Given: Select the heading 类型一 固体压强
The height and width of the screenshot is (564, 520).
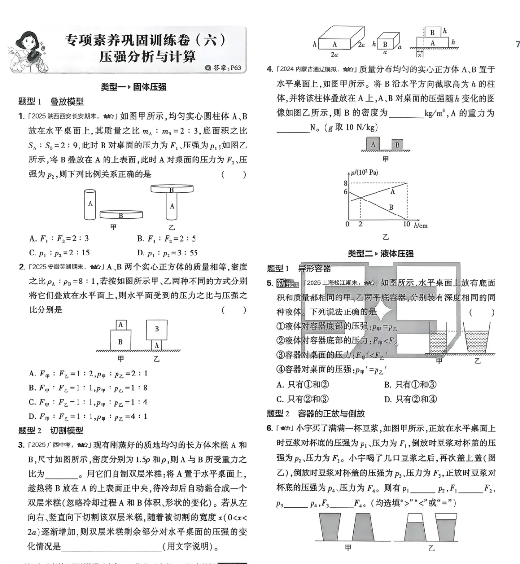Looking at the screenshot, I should tap(133, 87).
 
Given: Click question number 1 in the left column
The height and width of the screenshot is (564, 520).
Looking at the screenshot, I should tap(21, 116).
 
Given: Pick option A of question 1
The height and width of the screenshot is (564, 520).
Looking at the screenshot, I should tap(59, 238).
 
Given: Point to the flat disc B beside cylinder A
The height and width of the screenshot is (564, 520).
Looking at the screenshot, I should tap(121, 215).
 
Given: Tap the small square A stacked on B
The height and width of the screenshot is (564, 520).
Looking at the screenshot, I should tap(121, 325).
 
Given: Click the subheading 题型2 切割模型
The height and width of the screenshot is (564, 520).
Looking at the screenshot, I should tap(51, 430).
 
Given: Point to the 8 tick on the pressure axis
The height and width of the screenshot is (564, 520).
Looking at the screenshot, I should tap(345, 183).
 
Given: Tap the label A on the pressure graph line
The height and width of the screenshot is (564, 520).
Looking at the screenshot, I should tap(393, 192).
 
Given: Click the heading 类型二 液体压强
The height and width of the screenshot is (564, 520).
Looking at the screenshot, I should tap(380, 254).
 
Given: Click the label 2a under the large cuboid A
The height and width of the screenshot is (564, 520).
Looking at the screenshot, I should tap(334, 54).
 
